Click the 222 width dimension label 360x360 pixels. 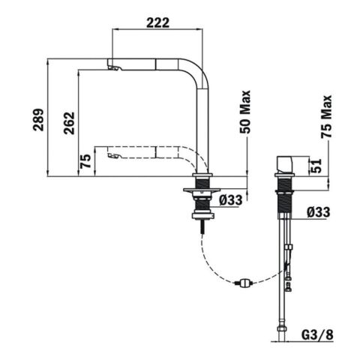point(157,22)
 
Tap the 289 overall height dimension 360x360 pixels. point(39,120)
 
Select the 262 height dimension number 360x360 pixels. point(69,123)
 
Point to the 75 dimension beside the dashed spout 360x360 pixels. point(85,161)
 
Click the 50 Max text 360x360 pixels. point(245,112)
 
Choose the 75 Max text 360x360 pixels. point(326,116)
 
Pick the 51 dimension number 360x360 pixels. point(316,166)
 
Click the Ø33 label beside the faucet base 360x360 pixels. point(231,200)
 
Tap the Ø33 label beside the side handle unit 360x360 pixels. point(319,212)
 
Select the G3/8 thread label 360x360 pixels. point(317,335)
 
